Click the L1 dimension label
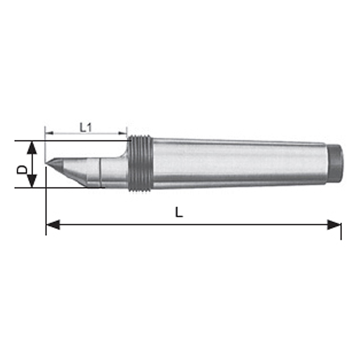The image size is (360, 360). (x=85, y=127)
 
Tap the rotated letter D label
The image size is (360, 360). (x=22, y=169)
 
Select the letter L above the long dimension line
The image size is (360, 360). (x=179, y=213)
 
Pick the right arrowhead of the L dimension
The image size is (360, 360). (x=334, y=225)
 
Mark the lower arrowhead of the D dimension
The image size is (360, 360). (x=32, y=181)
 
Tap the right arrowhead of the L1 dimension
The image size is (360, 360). (x=123, y=133)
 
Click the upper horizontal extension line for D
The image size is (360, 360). (x=72, y=141)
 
